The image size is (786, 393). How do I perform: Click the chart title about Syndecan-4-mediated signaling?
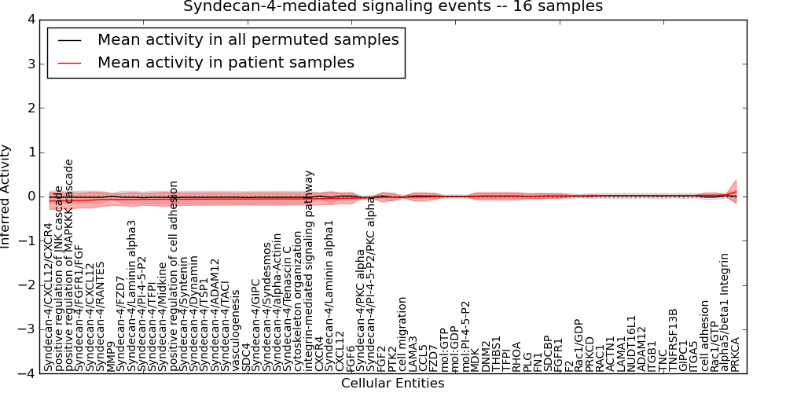(x=393, y=6)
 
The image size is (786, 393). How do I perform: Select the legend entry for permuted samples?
(x=248, y=39)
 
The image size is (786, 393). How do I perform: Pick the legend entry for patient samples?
(x=226, y=62)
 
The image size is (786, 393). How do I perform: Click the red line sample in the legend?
(x=68, y=63)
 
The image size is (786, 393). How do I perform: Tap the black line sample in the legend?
(x=68, y=40)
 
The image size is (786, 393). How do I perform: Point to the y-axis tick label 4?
(x=30, y=19)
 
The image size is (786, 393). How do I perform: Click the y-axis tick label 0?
(x=30, y=196)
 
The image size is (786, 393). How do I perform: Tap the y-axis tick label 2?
(x=30, y=108)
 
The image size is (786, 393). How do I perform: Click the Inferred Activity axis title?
(x=7, y=196)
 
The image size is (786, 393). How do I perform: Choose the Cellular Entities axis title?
(x=392, y=384)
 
